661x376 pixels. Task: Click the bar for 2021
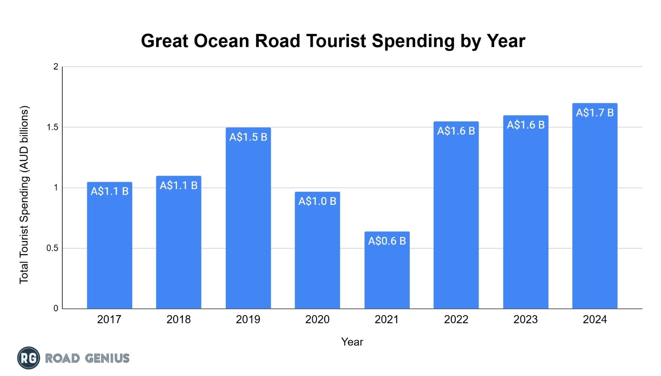(x=387, y=270)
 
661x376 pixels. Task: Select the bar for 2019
(x=248, y=218)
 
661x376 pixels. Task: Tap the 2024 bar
(x=595, y=206)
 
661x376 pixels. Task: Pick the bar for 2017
(x=110, y=245)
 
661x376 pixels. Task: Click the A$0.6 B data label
(x=387, y=241)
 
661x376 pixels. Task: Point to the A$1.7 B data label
(x=595, y=113)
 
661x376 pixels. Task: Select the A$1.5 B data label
(x=248, y=137)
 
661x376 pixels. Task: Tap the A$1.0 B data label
(x=317, y=202)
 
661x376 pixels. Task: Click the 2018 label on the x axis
(x=179, y=320)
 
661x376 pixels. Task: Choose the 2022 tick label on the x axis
(x=456, y=320)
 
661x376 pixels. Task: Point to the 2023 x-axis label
(x=526, y=320)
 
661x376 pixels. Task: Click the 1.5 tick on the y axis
(x=53, y=127)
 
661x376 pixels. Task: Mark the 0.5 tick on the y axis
(x=53, y=248)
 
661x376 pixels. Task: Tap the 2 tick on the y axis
(x=56, y=67)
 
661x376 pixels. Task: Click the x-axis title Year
(x=352, y=342)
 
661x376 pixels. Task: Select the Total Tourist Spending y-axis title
(x=24, y=194)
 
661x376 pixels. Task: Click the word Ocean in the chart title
(x=222, y=41)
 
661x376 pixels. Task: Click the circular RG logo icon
(x=29, y=358)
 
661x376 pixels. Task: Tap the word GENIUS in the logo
(x=107, y=358)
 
